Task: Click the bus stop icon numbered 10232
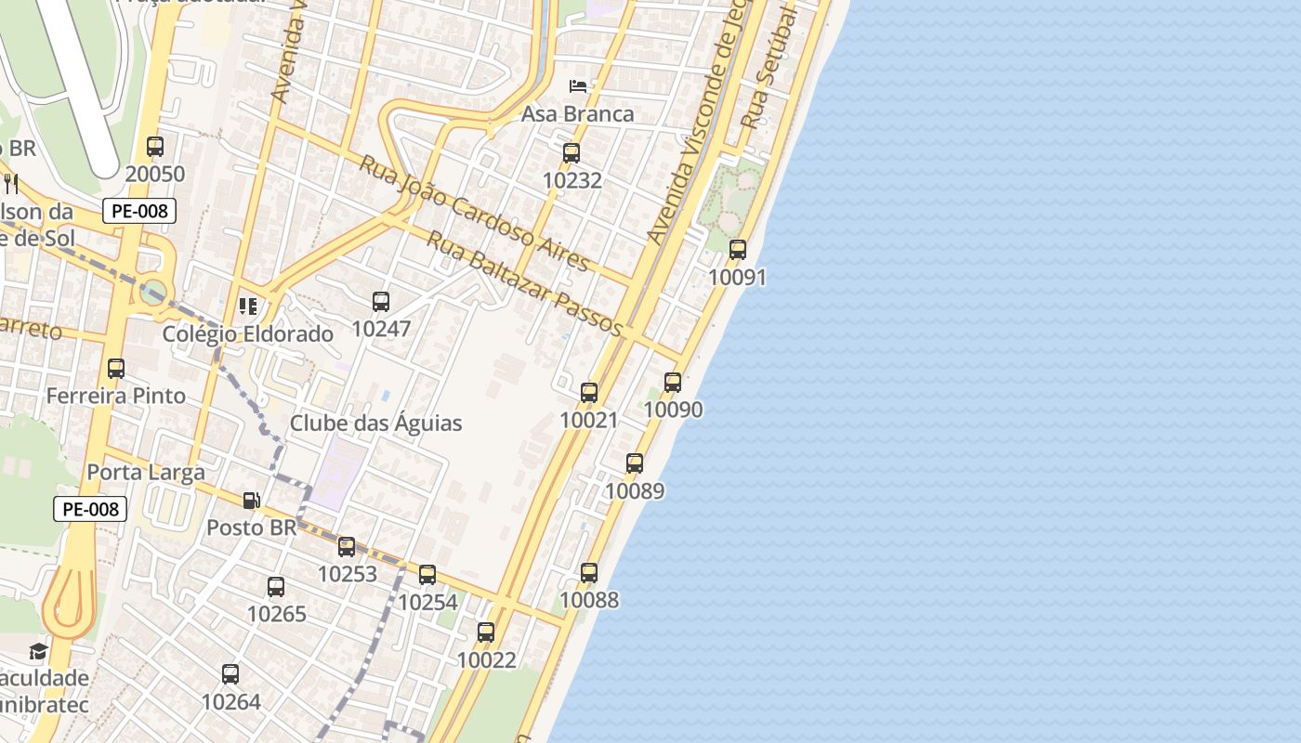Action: pos(572,153)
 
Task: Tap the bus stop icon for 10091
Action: pos(738,250)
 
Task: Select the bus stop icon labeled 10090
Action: pos(673,383)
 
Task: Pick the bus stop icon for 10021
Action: pos(589,393)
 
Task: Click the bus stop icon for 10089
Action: pos(635,463)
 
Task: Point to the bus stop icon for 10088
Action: pos(589,573)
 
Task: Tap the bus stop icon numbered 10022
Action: pos(486,633)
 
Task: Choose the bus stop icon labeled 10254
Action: pos(427,575)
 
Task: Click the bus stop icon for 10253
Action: pos(347,547)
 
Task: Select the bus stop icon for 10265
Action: pos(276,587)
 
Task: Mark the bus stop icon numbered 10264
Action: pos(230,674)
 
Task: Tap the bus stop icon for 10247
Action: pos(381,302)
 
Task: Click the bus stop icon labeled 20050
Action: pos(155,147)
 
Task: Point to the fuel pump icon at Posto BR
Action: pos(251,501)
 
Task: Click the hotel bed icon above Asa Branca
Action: pos(578,86)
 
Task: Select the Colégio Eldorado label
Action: pos(248,334)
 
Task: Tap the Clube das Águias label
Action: pos(375,424)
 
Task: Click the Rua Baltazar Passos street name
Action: pos(524,283)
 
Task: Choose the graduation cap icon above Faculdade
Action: pos(38,651)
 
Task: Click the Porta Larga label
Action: pos(146,472)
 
